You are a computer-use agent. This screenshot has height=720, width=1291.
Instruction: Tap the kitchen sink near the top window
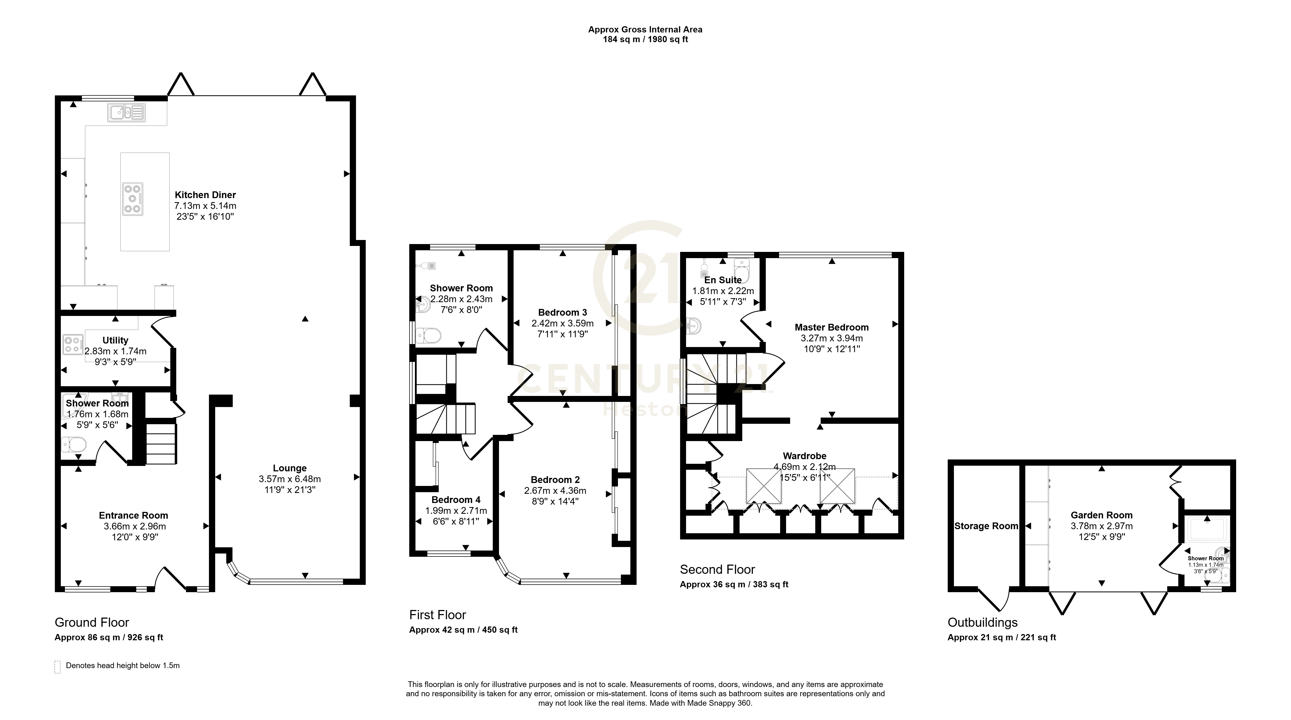click(x=126, y=113)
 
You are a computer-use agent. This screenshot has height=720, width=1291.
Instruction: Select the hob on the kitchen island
click(x=133, y=199)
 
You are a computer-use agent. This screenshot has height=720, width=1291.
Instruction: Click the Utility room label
click(x=115, y=340)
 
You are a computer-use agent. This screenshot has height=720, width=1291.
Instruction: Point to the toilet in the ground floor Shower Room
click(x=74, y=444)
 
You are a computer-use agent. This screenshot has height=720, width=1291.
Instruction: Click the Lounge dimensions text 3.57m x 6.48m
click(x=290, y=479)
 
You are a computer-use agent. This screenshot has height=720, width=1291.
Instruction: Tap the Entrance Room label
click(x=133, y=516)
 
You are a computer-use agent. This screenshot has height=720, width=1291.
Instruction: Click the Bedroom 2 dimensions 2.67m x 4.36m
click(x=555, y=491)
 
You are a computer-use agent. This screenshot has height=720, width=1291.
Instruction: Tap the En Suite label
click(x=723, y=280)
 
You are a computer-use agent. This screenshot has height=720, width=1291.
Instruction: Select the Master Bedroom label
click(x=831, y=327)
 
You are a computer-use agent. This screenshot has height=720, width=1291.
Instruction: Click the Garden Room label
click(x=1102, y=515)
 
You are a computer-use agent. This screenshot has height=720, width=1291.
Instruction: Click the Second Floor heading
click(x=717, y=570)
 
